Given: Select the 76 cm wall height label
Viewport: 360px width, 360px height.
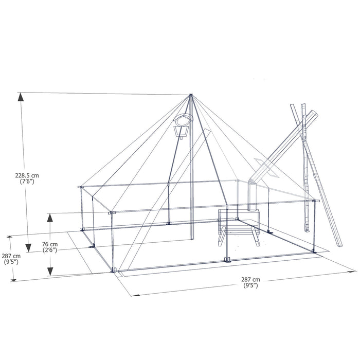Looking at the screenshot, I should [x=50, y=244].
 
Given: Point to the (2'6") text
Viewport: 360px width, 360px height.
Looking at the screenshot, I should [x=50, y=250].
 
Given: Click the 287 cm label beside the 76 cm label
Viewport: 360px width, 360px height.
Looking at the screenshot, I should [x=10, y=256].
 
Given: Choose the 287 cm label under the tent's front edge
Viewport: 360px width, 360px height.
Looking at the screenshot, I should [x=250, y=280].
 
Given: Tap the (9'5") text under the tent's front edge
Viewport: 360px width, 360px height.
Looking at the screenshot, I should [x=250, y=286].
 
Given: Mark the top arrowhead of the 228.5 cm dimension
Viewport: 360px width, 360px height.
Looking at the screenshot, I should [x=21, y=97].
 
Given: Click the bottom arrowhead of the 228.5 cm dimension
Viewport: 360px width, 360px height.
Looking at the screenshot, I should [x=21, y=232].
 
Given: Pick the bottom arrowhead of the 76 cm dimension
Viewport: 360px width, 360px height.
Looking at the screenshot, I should [x=50, y=273].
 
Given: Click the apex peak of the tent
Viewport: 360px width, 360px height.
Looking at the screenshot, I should [x=191, y=95].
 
